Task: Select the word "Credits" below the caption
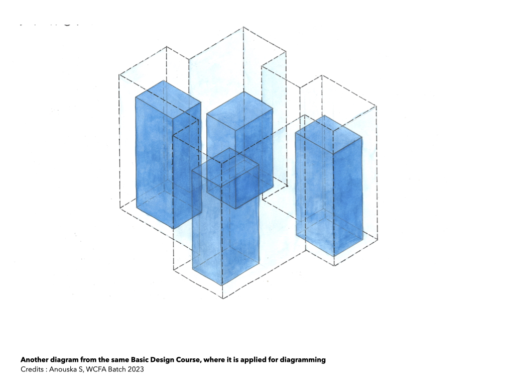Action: click(32, 369)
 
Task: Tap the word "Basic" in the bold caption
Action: click(140, 360)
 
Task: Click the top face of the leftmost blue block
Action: click(168, 99)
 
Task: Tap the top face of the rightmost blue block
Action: click(329, 135)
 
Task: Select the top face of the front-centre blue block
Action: click(225, 168)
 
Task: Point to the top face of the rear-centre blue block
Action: click(240, 110)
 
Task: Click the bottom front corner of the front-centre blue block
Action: click(222, 284)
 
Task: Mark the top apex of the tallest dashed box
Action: click(243, 27)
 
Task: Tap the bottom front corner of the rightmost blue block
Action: click(334, 256)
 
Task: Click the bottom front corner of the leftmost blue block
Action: click(174, 229)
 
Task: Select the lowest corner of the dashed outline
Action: click(223, 299)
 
